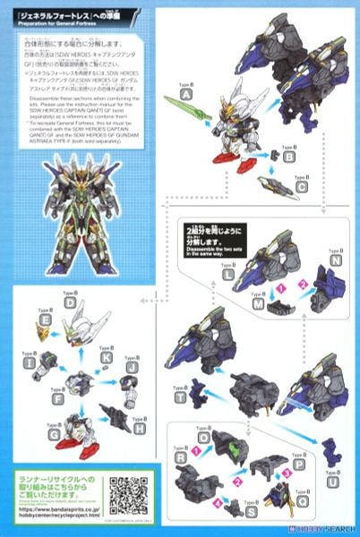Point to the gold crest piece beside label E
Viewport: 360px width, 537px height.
[44, 337]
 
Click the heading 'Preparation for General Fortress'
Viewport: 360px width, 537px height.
[50, 26]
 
